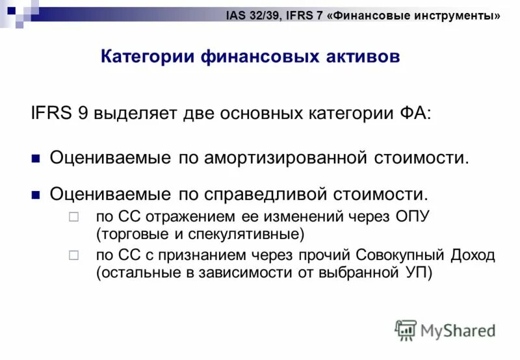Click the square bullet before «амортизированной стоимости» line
point(36,157)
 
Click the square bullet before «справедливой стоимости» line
point(36,194)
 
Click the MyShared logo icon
point(406,331)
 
